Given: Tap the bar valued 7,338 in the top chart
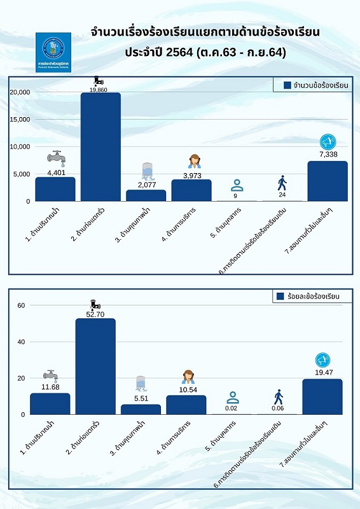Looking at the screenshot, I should point(328,181).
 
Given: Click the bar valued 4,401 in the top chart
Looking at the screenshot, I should point(55,189).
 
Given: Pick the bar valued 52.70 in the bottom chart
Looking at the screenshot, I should point(95,366).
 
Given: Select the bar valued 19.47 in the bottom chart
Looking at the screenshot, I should point(322,396).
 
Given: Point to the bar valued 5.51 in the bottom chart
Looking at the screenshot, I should point(141,409).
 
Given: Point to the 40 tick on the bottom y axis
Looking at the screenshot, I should point(20,342).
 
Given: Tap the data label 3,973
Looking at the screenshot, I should point(192,175).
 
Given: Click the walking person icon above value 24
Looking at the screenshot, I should point(282,183).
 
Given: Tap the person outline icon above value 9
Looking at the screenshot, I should point(237,186).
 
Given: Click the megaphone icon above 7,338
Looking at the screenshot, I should point(328,142).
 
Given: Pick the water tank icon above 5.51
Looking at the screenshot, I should point(141,383).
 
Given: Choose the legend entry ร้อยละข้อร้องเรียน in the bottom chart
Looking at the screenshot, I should point(308,296).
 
